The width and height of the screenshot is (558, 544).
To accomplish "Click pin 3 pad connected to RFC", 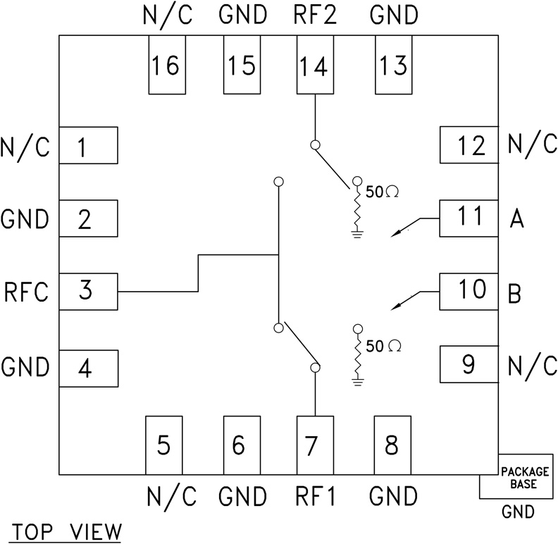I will tap(87, 291).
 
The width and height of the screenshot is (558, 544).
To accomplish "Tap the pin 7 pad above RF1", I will tap(314, 445).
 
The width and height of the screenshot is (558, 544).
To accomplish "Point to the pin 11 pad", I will tap(469, 218).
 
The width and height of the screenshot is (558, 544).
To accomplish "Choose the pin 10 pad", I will tap(469, 290).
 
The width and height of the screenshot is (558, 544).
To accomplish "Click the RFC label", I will tap(26, 292).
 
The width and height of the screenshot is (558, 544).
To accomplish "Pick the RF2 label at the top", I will tap(314, 14).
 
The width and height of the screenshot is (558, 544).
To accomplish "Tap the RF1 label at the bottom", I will tap(314, 497).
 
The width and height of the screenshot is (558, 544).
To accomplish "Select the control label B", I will tap(515, 293).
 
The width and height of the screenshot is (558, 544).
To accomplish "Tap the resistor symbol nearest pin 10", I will tap(358, 356).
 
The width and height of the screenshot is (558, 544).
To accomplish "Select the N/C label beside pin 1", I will tap(26, 148).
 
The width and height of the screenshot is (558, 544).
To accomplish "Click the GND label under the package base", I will tap(518, 512).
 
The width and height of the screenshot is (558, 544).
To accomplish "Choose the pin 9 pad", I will tap(469, 364).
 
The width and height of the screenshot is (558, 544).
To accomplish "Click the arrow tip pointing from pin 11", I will tap(393, 233).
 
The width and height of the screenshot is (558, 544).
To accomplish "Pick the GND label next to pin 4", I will tap(26, 367).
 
